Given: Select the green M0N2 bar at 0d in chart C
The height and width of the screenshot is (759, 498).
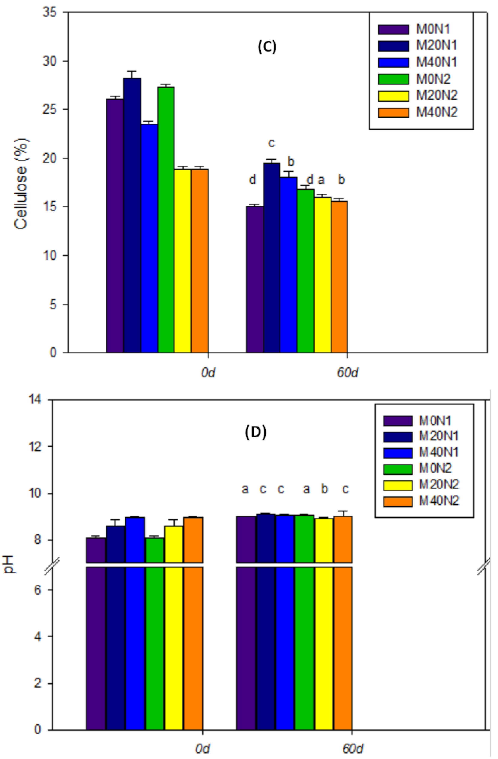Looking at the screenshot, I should point(166,220).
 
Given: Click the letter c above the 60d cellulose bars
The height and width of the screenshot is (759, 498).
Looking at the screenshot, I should point(271,143).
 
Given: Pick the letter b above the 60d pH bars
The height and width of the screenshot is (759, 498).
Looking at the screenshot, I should point(325,489).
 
